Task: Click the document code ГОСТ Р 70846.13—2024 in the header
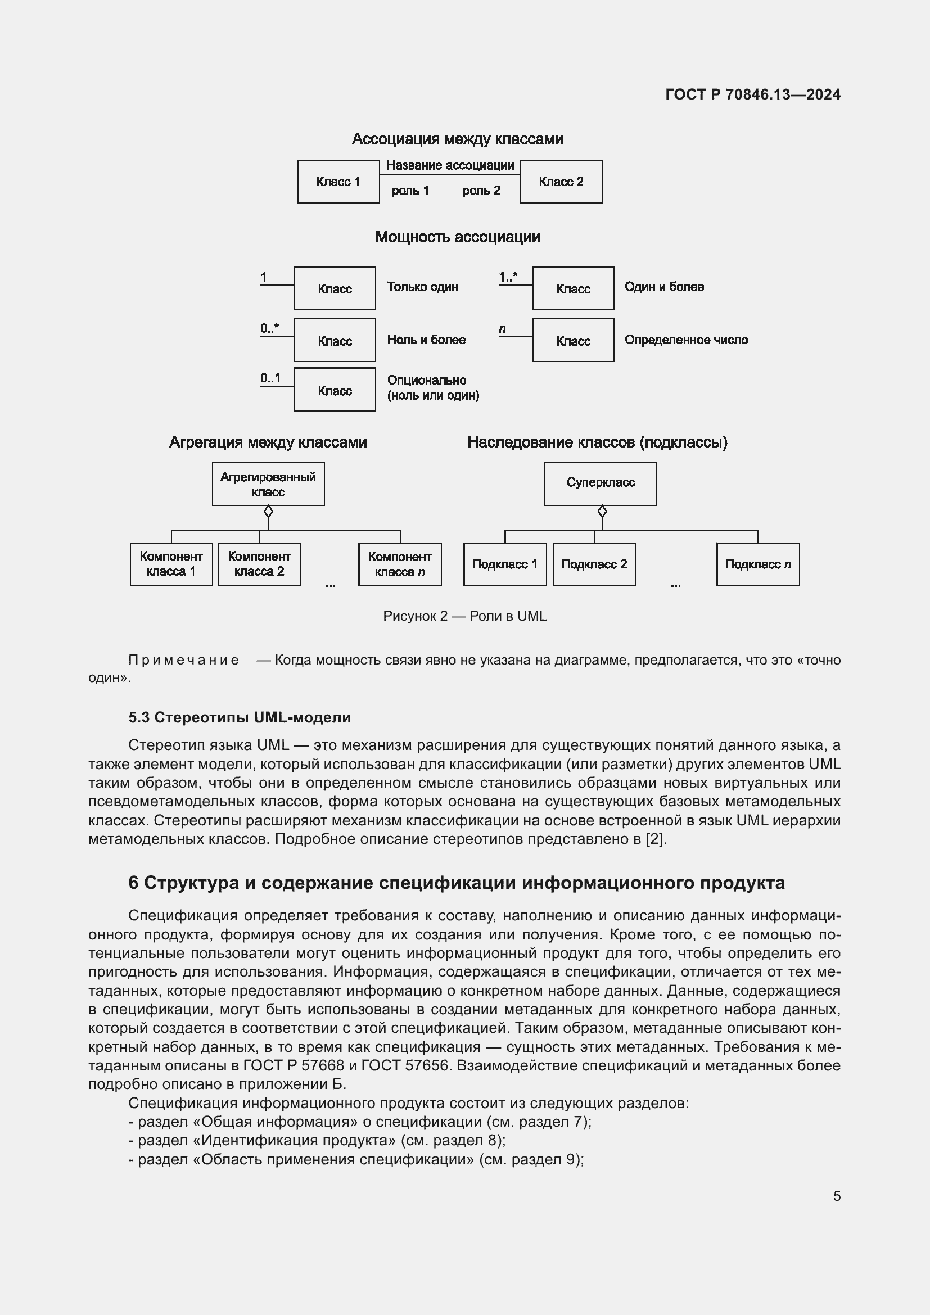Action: pos(752,94)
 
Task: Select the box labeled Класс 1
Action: pos(338,182)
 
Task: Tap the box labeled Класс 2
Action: pos(561,182)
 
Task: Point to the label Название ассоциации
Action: pos(450,165)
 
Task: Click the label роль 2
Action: pos(481,191)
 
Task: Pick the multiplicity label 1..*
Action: pos(507,277)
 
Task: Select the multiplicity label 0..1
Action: pos(270,378)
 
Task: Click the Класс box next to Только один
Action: pos(335,288)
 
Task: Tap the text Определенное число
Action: pos(685,340)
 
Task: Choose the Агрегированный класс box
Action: pos(268,484)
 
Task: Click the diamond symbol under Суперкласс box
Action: pos(601,511)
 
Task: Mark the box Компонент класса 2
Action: pos(259,564)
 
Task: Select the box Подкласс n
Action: pos(757,564)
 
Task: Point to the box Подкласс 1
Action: pos(504,564)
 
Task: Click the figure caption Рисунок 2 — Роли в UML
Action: pos(464,616)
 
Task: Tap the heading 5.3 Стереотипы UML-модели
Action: pos(240,717)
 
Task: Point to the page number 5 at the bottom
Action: pos(837,1196)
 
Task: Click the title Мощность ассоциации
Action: pos(457,237)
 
